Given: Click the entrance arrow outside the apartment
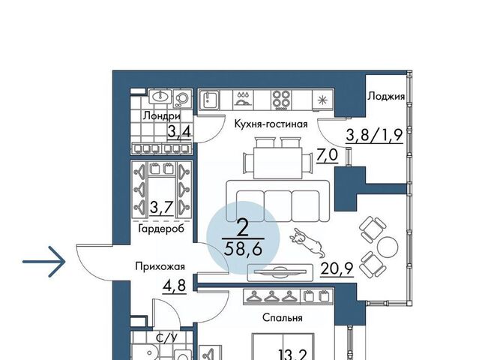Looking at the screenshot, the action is (44, 262).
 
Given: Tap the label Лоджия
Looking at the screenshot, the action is (386, 97).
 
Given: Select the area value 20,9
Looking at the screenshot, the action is (337, 269).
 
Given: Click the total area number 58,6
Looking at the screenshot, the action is (243, 249).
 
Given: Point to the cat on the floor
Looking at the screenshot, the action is (307, 243).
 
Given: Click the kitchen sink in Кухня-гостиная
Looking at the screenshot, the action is (209, 100).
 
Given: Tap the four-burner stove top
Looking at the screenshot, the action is (281, 100).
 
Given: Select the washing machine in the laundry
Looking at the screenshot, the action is (182, 98).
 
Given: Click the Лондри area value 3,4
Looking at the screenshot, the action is (179, 132).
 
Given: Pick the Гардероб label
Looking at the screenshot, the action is (161, 228).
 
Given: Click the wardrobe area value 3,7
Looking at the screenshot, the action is (162, 208).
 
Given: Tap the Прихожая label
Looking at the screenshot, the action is (160, 266).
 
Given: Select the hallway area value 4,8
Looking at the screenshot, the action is (175, 286).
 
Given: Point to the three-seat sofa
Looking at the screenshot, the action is (278, 201).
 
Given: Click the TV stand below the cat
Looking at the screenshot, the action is (280, 272).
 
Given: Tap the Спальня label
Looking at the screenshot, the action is (283, 318).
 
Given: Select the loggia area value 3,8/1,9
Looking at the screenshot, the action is (374, 135).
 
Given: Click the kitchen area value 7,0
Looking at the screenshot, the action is (327, 155).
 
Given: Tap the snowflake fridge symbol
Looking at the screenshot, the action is (322, 100).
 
